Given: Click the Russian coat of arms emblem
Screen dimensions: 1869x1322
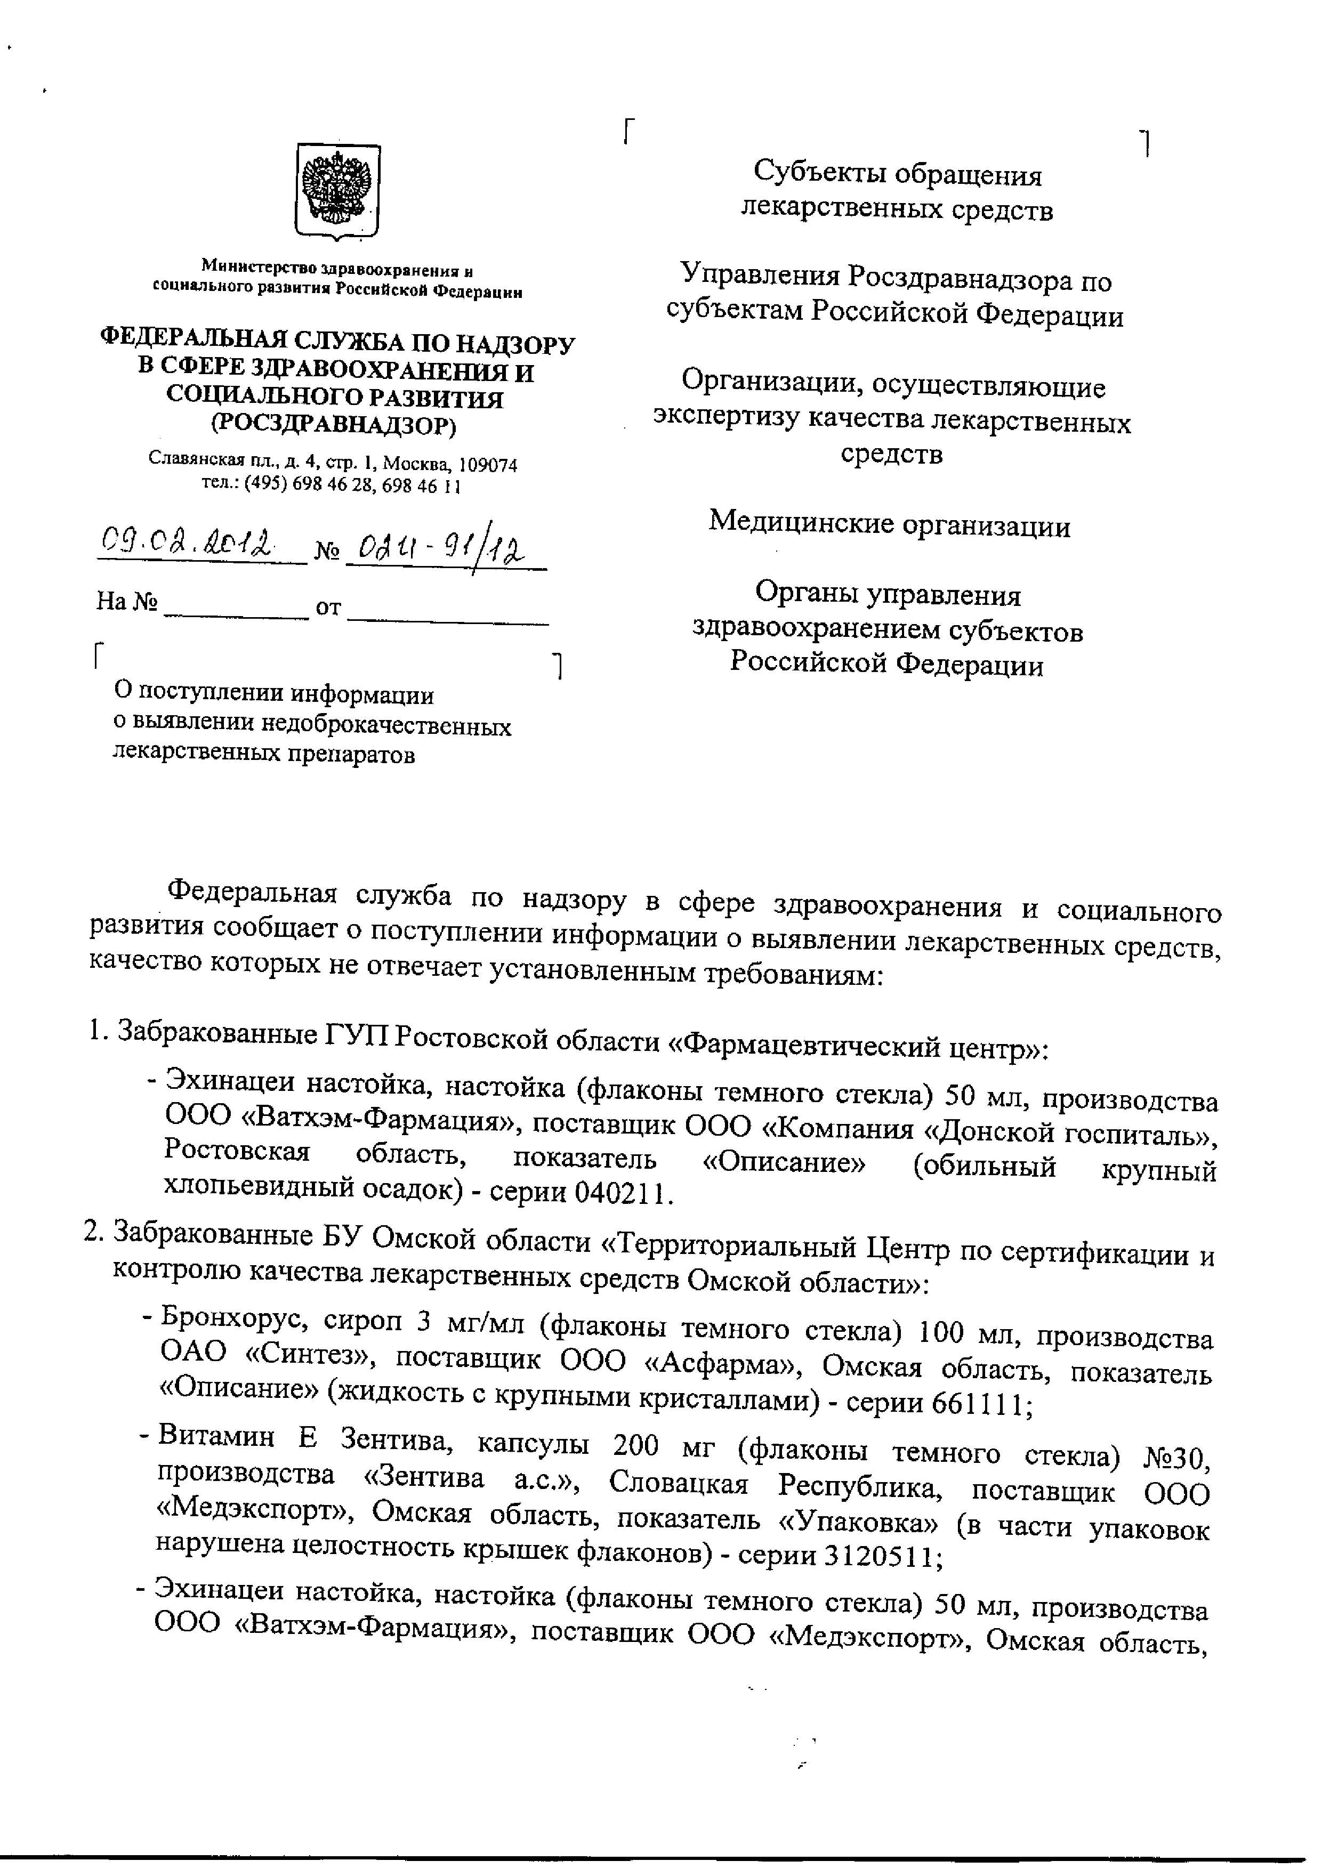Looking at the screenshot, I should click(x=337, y=192).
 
